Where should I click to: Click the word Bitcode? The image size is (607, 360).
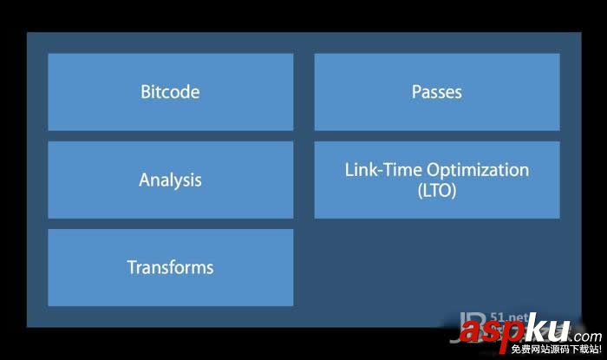point(170,92)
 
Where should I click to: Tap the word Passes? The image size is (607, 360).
point(436,92)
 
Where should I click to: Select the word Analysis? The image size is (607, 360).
point(170,180)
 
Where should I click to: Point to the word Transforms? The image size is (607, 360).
point(170,267)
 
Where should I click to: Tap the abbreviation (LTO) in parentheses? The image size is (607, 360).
point(436,190)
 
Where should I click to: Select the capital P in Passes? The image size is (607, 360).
point(416,92)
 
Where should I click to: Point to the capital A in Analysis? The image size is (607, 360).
point(145,180)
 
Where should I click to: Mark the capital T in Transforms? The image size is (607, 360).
point(132,267)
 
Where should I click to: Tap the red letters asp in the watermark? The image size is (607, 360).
point(490,331)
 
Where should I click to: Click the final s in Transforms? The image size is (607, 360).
point(209,267)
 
